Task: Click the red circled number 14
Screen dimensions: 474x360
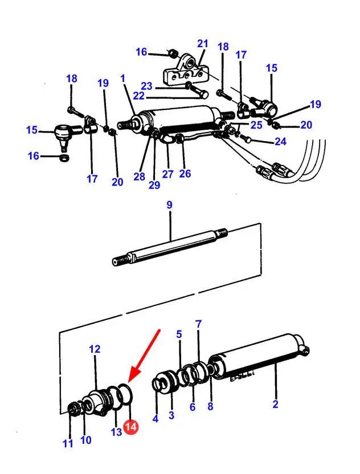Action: click(x=131, y=427)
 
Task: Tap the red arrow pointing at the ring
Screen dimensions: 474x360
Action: click(x=144, y=355)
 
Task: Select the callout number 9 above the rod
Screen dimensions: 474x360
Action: click(x=169, y=205)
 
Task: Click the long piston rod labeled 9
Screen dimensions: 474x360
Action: click(x=171, y=245)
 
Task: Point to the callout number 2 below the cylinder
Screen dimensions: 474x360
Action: click(x=275, y=405)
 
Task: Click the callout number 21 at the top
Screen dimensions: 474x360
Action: click(x=203, y=44)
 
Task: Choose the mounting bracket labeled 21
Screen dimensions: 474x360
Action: click(x=183, y=71)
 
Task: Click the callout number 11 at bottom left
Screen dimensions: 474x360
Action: click(x=68, y=443)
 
